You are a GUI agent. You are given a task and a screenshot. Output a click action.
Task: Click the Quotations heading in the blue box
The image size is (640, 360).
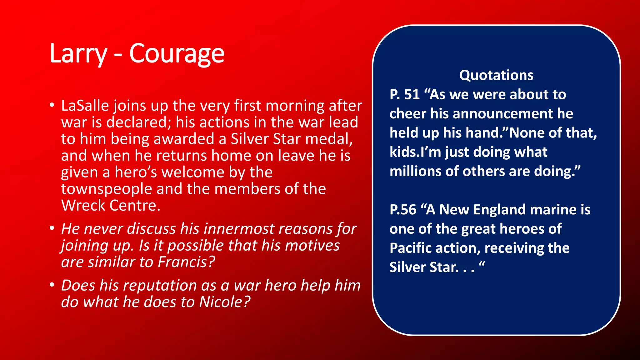496,75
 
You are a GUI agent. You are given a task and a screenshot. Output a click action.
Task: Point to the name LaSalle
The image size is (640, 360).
84,106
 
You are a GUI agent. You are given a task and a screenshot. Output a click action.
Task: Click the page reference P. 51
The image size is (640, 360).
404,95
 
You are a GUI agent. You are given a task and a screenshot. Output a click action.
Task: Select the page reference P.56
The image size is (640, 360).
403,210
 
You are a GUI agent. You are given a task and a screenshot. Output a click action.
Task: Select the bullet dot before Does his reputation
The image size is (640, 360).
52,285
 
